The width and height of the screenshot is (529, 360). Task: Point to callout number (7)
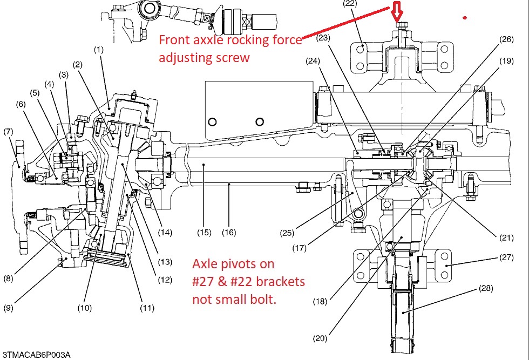(x=8, y=131)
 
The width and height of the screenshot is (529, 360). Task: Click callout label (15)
(x=204, y=233)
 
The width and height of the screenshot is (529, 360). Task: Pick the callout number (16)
(x=229, y=233)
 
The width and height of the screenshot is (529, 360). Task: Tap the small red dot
(x=464, y=18)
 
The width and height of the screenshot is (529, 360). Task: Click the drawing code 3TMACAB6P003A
(x=36, y=355)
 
